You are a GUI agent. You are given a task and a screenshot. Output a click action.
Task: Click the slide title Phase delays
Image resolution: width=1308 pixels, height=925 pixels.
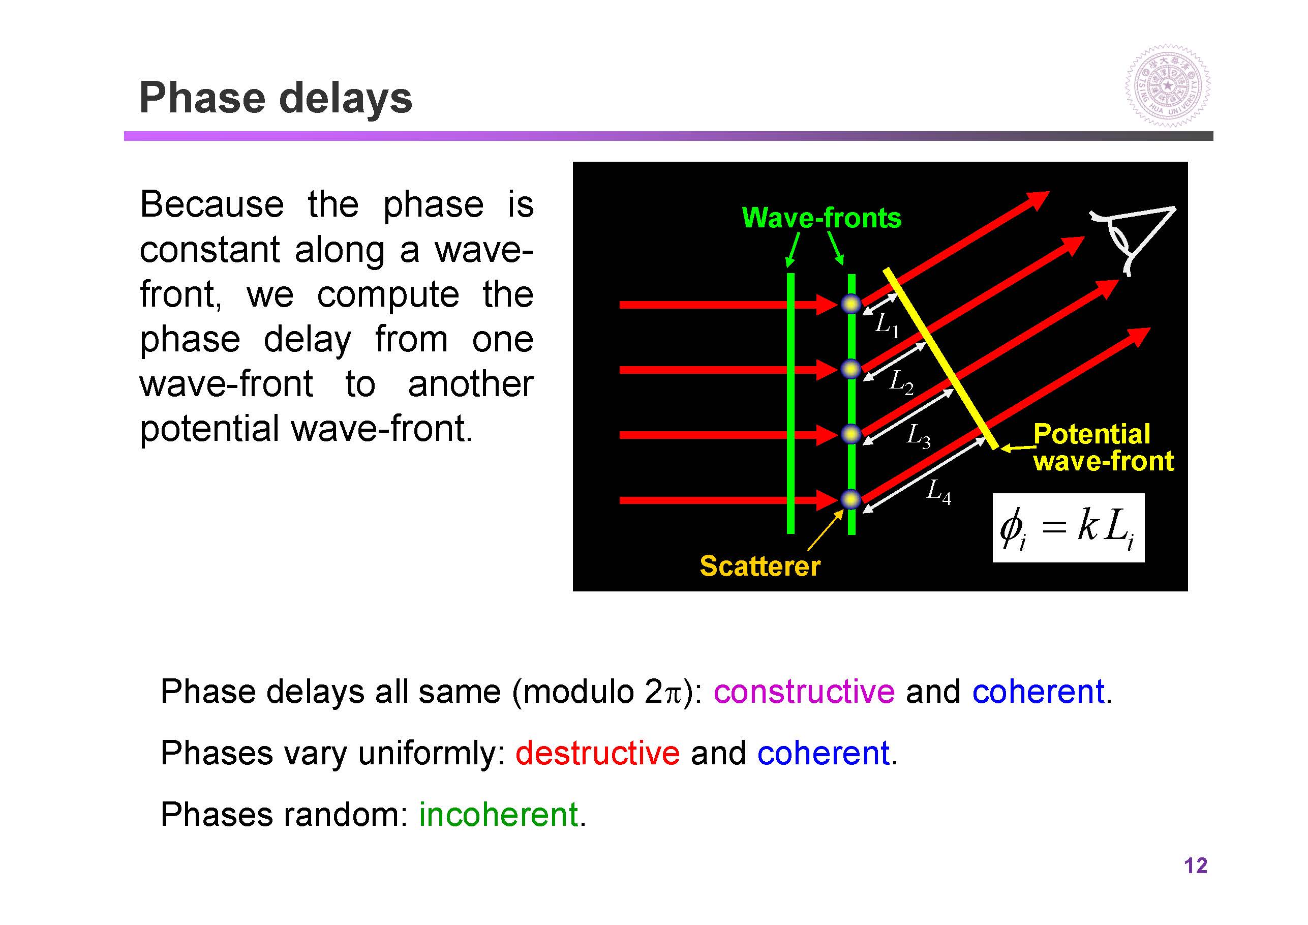coord(276,99)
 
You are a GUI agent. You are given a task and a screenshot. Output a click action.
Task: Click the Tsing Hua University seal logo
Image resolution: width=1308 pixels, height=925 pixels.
coord(1167,86)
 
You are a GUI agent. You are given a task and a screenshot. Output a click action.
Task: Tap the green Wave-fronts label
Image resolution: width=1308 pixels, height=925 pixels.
coord(822,218)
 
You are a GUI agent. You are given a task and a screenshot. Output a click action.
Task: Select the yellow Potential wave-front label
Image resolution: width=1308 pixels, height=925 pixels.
coord(1104,447)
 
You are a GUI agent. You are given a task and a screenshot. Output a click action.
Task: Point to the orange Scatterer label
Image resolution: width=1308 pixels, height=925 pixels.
coord(760,566)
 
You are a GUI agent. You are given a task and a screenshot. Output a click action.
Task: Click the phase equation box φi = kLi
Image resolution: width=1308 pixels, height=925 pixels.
coord(1068,528)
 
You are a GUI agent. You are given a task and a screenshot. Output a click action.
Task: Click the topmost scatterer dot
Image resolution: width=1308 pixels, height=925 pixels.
coord(851,304)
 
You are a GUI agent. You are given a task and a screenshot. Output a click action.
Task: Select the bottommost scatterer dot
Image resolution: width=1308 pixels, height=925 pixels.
coord(851,500)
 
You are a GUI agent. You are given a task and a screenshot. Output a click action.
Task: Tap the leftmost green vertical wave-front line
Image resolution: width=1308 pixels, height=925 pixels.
coord(790,404)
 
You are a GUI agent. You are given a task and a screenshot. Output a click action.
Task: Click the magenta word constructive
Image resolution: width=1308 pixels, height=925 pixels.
coord(804,691)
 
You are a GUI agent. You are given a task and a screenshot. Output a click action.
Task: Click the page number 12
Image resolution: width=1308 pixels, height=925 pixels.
coord(1195,866)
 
